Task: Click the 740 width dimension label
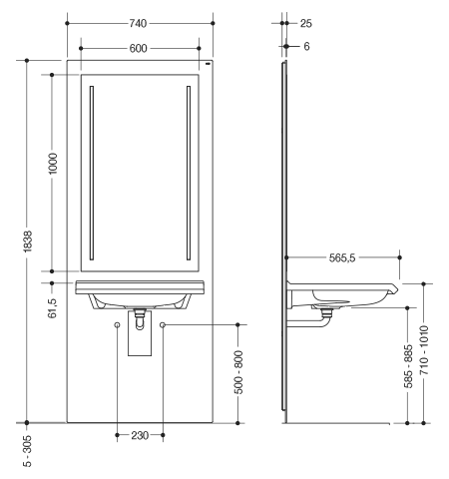tap(138, 23)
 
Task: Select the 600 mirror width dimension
tap(138, 48)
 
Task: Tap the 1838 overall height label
tap(28, 241)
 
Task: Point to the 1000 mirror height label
tap(53, 164)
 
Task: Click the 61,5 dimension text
tap(53, 308)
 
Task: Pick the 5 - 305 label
tap(28, 451)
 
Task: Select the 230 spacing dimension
tap(140, 435)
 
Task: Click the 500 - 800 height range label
tap(238, 372)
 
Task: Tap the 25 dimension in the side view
tap(306, 23)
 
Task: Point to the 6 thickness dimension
tap(306, 46)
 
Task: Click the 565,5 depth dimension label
tap(342, 257)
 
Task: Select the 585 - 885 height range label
tap(408, 366)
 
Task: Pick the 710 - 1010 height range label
tap(424, 350)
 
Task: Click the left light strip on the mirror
tap(92, 173)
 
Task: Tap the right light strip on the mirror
tap(189, 173)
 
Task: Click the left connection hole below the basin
tap(117, 324)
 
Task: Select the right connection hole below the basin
tap(163, 324)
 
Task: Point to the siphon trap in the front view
tap(140, 319)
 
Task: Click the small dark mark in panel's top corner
tap(209, 63)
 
